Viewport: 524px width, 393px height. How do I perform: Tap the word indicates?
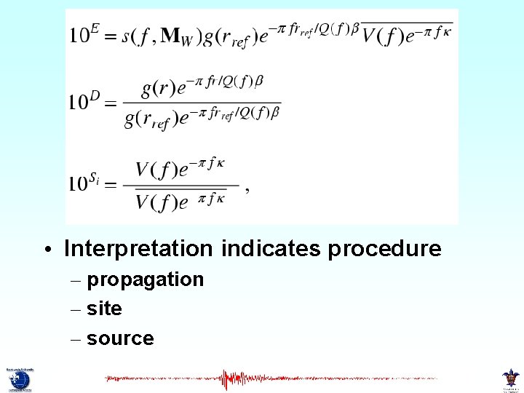271,249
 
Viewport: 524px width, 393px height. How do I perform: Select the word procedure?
384,249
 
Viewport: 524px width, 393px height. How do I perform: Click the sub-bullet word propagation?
145,280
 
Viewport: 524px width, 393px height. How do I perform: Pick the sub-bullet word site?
104,309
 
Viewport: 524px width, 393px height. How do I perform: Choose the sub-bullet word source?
120,339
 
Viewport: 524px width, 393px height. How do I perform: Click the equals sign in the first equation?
110,36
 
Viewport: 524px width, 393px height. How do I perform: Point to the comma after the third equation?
247,188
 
